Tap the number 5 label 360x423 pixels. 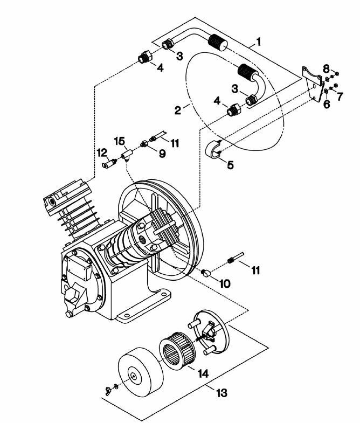tap(230, 165)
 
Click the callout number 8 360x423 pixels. tap(326, 68)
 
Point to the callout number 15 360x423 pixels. tap(119, 141)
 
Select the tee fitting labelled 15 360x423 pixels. tap(127, 155)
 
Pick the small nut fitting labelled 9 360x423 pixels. tap(144, 144)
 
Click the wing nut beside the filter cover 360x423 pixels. tap(110, 389)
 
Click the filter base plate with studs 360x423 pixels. tap(210, 332)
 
